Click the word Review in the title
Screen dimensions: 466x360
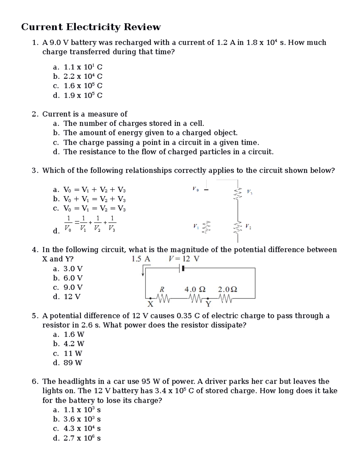[x=142, y=27]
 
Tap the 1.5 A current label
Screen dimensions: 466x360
[x=141, y=259]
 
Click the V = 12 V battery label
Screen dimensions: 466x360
[x=184, y=259]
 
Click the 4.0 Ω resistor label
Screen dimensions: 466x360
[x=195, y=290]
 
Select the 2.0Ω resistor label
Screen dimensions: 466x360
[x=227, y=290]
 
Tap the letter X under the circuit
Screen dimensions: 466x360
[x=150, y=305]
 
